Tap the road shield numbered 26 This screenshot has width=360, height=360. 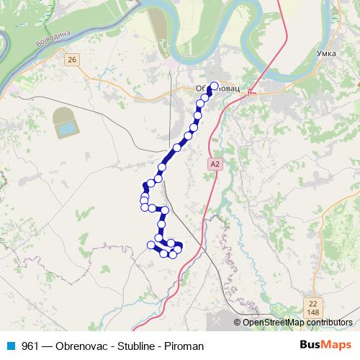[70, 60]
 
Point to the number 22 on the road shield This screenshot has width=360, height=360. [312, 303]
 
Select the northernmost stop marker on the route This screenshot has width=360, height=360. [213, 86]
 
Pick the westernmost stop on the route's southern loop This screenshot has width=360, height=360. [151, 246]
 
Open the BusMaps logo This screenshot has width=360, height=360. [325, 346]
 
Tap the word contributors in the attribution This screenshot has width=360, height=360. [329, 323]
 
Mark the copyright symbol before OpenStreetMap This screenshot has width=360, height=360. [238, 323]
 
